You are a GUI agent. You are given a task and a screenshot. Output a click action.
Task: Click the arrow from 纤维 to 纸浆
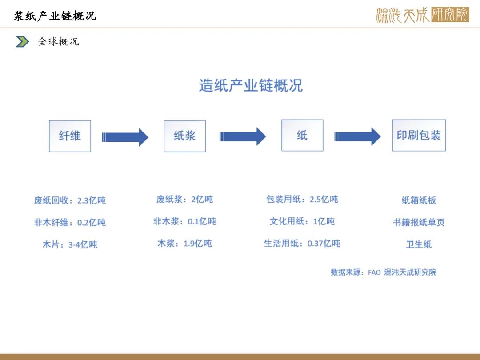point(125,137)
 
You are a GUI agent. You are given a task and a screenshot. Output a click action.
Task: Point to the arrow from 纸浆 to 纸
point(243,136)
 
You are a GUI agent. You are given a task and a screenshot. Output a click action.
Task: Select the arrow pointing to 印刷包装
point(357,136)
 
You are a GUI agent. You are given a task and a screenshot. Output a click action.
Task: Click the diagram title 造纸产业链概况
point(251,85)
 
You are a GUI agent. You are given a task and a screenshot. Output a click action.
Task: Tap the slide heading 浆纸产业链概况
point(55,16)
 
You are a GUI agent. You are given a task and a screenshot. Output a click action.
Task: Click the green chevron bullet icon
point(22,42)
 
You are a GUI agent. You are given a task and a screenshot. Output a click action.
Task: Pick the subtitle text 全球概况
point(59,42)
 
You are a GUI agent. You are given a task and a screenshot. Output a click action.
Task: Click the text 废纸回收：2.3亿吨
point(70,200)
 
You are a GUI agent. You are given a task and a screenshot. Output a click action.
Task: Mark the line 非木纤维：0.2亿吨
point(70,223)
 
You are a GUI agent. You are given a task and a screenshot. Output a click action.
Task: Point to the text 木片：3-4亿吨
point(70,244)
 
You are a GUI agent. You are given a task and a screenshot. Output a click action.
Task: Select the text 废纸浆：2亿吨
point(184,200)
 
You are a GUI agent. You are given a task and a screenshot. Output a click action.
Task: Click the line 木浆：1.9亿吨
point(184,244)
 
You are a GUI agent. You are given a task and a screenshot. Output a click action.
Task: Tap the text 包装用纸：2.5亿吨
point(302,200)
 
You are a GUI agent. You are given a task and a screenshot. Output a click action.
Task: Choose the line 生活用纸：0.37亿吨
point(302,244)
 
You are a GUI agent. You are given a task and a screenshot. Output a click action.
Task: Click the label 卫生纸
point(419,244)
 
